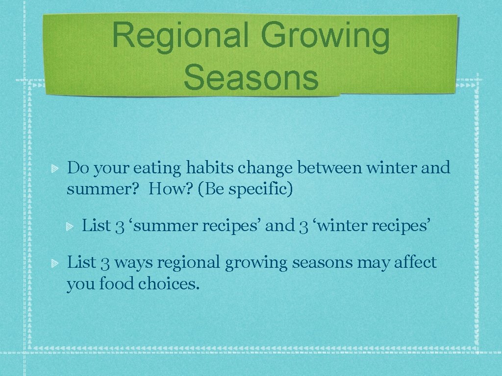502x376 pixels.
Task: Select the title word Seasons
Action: tap(251, 78)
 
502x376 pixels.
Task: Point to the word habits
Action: tap(211, 168)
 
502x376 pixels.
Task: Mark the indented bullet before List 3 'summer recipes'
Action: tap(70, 227)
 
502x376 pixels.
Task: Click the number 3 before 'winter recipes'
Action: tap(303, 226)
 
